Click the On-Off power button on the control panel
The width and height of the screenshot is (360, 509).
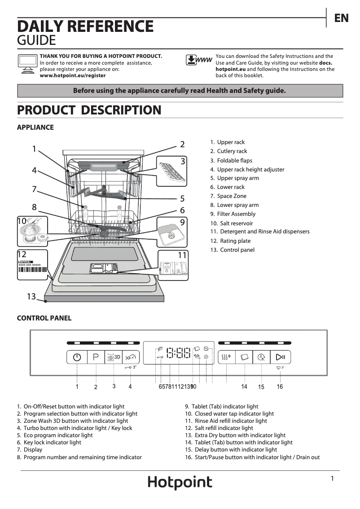(77, 357)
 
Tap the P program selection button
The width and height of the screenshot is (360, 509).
(96, 357)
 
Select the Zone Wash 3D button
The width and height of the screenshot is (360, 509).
(113, 357)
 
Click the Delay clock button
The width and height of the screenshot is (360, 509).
(262, 357)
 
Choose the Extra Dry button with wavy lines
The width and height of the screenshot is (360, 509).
(227, 357)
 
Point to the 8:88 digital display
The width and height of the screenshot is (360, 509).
(179, 353)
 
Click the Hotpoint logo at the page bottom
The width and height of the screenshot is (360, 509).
(180, 483)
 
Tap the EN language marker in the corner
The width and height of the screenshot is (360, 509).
(341, 18)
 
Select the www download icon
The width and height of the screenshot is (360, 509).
(198, 60)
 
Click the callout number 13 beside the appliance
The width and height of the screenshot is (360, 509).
(31, 296)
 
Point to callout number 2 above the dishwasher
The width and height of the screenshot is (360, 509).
(182, 144)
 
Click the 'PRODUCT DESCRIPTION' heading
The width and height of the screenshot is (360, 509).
(89, 110)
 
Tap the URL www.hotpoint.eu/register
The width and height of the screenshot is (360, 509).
(73, 76)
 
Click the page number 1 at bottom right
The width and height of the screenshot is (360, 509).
(332, 478)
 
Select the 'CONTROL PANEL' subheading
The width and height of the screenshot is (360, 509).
(44, 318)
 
